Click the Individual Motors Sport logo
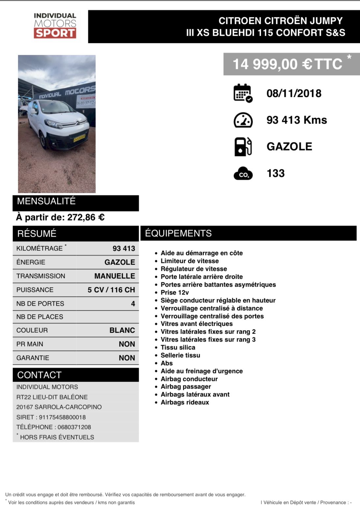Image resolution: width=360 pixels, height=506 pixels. point(55,26)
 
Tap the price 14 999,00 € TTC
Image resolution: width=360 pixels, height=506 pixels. point(287,64)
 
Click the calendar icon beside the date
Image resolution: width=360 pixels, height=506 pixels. point(243,93)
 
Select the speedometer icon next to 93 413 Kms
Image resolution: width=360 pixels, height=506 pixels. point(243,120)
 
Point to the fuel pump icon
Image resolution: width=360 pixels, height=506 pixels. point(243,147)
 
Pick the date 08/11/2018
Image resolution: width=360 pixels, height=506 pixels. point(294,93)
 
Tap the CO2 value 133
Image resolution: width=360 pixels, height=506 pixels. point(276,173)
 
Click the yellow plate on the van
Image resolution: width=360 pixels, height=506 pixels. point(80,137)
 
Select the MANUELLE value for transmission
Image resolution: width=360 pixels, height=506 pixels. point(114,276)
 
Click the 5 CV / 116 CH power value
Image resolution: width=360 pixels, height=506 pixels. point(111,290)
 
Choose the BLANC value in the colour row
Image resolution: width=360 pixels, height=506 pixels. point(122,330)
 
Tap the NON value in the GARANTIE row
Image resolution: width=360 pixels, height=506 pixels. point(127,358)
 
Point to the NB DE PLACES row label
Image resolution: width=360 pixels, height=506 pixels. point(40,317)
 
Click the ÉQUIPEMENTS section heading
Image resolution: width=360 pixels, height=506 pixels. point(178,233)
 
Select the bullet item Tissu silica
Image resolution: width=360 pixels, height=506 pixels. point(178,347)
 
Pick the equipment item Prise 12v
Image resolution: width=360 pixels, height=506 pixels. point(175,292)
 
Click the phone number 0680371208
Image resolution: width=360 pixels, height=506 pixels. point(74,427)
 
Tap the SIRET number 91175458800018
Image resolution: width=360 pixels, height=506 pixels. point(62,417)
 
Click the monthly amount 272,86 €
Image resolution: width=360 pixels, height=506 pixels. point(86,217)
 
